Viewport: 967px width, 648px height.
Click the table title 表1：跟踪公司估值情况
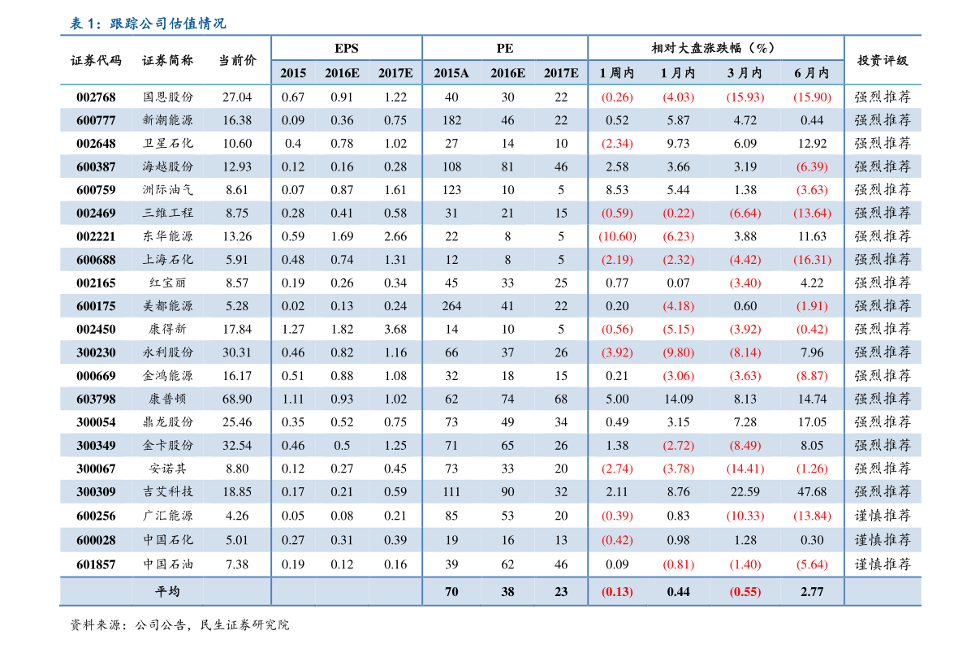point(148,24)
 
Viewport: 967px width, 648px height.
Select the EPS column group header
point(346,48)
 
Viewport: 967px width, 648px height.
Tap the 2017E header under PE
point(561,73)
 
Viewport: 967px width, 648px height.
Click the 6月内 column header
point(812,73)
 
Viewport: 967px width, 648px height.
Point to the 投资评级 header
point(883,60)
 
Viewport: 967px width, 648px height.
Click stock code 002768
point(96,97)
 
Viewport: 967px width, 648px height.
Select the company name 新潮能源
point(168,120)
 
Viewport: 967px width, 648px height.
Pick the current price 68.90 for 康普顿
point(237,399)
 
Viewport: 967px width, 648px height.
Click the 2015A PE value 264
point(451,306)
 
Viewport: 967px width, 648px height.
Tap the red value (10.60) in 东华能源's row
point(617,236)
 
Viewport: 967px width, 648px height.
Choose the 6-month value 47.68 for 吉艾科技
point(812,491)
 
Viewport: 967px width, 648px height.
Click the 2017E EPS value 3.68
point(395,329)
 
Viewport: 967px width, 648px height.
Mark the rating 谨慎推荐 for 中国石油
point(883,564)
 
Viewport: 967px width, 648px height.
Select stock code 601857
point(96,564)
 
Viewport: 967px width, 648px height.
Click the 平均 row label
point(167,592)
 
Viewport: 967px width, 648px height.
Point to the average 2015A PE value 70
point(451,592)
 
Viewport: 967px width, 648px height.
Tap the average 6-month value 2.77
point(812,592)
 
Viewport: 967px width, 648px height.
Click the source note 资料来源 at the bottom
point(179,625)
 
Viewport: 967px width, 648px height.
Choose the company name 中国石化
point(168,540)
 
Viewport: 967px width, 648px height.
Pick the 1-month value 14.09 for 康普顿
point(679,399)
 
